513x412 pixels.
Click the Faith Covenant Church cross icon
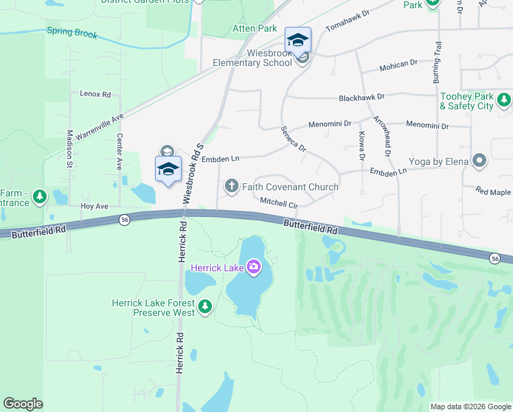(x=232, y=186)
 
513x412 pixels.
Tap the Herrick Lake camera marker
(x=254, y=266)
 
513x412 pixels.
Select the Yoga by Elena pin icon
(x=479, y=162)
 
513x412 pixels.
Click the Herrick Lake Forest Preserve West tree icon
(x=204, y=308)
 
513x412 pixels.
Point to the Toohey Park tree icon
(x=504, y=101)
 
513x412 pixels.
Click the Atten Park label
(x=254, y=29)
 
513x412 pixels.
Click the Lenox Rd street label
(x=95, y=93)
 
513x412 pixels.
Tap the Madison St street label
(x=69, y=149)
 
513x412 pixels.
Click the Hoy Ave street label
(x=95, y=206)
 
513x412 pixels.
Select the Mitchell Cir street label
(x=278, y=203)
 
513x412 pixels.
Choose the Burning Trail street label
(x=436, y=63)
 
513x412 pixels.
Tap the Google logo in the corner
(x=23, y=404)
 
